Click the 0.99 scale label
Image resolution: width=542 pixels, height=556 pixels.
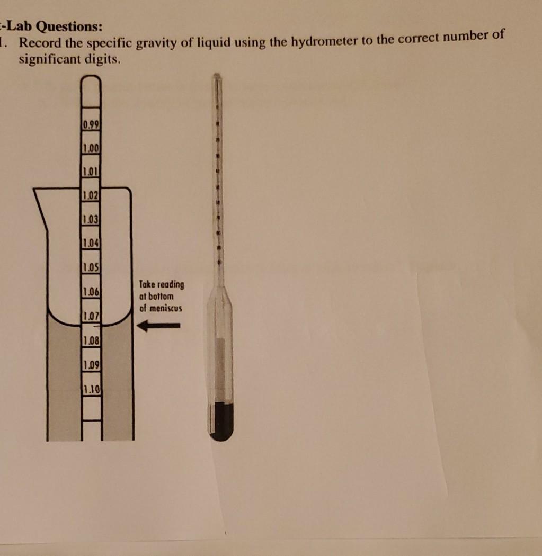(x=92, y=125)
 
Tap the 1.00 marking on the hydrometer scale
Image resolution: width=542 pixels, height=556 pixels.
(x=92, y=149)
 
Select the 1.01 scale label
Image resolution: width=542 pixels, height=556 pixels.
(x=92, y=172)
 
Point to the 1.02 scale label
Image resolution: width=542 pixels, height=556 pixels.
(x=92, y=196)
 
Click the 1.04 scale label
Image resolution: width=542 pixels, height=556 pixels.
(x=92, y=243)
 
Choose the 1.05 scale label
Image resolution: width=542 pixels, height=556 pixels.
(x=92, y=266)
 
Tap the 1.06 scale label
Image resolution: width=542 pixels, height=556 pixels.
(x=92, y=291)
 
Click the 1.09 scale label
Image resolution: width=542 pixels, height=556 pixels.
(x=92, y=365)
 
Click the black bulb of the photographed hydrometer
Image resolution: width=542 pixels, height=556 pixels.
(x=221, y=422)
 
